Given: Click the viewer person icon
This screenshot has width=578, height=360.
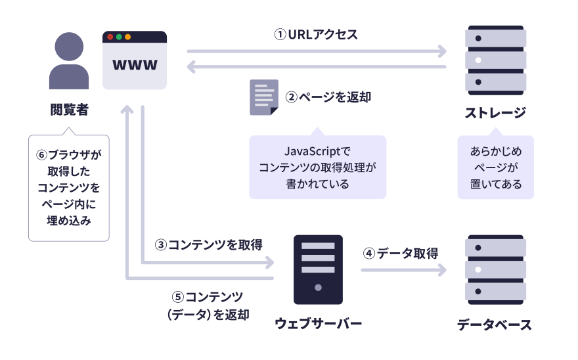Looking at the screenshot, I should [69, 62].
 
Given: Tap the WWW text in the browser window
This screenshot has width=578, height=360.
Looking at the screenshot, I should [135, 65].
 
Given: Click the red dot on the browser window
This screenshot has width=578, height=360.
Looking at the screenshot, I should [110, 37].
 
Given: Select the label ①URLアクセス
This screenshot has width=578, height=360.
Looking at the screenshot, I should [316, 35].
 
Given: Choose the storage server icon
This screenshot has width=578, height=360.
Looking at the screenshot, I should [495, 60].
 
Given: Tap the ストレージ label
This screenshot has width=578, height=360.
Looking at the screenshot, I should [495, 112].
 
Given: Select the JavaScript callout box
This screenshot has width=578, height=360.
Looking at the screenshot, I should [317, 167].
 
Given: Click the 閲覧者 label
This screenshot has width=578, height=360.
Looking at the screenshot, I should [69, 109].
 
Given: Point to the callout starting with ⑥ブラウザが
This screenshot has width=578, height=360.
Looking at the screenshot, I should [69, 187].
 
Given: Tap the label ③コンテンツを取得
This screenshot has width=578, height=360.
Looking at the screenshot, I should [208, 245].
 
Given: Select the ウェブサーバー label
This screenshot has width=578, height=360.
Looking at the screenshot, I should [318, 324].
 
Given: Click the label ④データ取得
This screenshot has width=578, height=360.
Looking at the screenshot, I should [401, 253].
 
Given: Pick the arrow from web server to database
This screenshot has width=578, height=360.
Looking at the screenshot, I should [403, 269].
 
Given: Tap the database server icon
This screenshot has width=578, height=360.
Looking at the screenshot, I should [495, 269].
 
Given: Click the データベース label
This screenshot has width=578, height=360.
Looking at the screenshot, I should [495, 325].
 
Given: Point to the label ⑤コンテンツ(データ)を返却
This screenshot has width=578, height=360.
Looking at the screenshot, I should [208, 305].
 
